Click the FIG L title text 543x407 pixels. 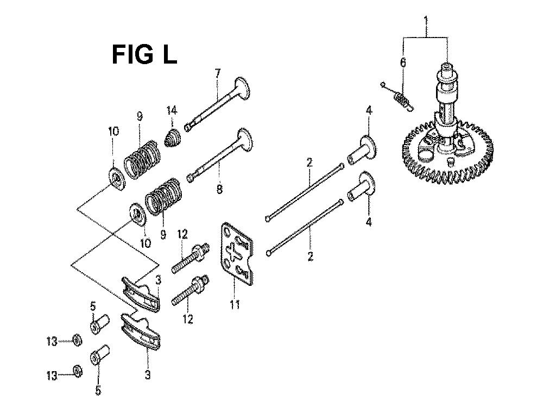point(144,54)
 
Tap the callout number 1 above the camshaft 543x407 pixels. point(426,22)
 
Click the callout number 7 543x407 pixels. point(218,74)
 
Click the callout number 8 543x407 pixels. point(219,189)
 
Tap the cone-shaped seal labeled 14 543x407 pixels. point(172,137)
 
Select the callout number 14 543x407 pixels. point(172,111)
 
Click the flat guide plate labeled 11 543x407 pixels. point(237,254)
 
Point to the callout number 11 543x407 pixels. point(235,305)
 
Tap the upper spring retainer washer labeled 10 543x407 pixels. point(116,178)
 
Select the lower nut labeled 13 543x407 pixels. point(78,372)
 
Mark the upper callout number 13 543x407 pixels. point(52,341)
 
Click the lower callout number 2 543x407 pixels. point(310,256)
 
